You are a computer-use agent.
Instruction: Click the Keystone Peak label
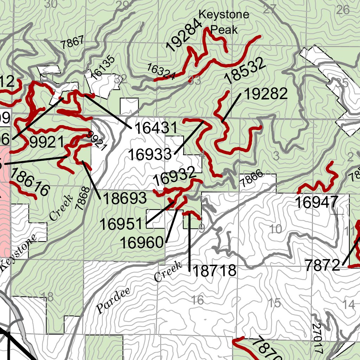(224, 22)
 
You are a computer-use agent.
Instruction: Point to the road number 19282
(265, 94)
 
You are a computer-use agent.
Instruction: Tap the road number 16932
(174, 176)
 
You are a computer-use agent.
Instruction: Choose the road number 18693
(124, 199)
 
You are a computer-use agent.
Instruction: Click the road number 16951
(122, 224)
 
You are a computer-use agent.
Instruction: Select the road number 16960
(142, 242)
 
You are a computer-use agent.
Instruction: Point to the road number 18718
(214, 271)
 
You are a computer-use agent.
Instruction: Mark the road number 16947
(316, 203)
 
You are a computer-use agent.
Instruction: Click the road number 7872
(323, 265)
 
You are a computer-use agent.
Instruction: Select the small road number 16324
(161, 72)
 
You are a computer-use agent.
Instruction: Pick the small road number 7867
(72, 43)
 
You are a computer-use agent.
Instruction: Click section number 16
(198, 300)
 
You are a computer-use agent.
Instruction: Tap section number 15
(274, 303)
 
